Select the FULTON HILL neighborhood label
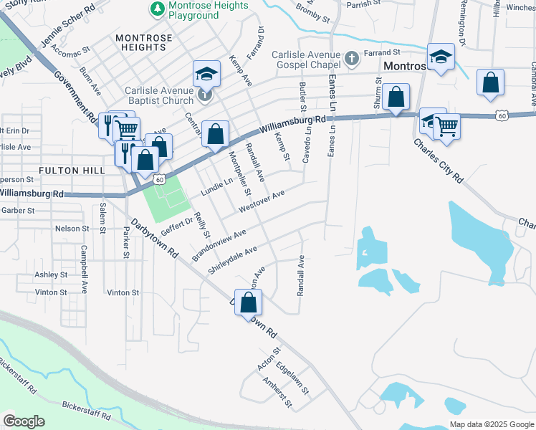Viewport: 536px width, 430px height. point(72,170)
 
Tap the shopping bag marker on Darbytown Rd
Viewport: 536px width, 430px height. point(248,302)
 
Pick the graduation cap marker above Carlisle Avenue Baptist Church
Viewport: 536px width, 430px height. point(206,74)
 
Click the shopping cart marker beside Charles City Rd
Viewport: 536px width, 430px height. point(446,127)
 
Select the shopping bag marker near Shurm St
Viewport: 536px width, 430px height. point(396,97)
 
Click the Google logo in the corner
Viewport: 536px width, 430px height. point(24,421)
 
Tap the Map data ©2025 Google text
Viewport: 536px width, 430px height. point(491,424)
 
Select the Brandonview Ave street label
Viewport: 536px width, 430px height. point(219,246)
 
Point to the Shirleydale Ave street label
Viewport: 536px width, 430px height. point(232,261)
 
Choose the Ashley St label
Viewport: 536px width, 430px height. point(51,274)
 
